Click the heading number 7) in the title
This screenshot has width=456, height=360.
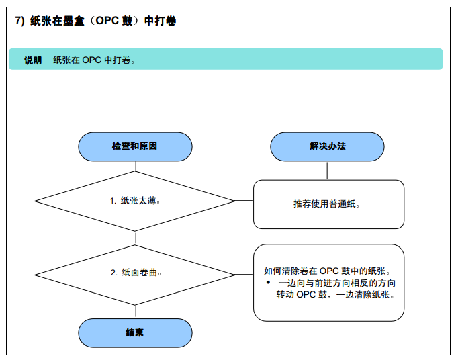click(x=19, y=21)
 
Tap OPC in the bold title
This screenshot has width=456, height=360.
click(x=107, y=21)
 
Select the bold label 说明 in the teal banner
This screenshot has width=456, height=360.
click(x=33, y=60)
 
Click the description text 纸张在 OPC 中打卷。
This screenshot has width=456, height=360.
click(x=93, y=60)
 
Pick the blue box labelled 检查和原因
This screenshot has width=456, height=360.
click(x=135, y=146)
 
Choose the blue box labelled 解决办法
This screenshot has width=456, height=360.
click(x=327, y=146)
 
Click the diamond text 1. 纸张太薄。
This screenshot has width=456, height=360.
click(x=135, y=201)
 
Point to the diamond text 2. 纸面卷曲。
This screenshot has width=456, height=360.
click(x=136, y=273)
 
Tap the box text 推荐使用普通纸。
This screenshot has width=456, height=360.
click(x=326, y=204)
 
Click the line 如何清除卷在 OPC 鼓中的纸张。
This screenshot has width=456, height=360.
click(x=327, y=271)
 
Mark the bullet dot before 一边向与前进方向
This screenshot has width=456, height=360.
click(x=268, y=282)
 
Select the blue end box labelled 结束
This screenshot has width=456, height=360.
click(x=135, y=332)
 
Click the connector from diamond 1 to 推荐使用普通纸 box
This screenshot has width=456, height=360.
click(x=244, y=200)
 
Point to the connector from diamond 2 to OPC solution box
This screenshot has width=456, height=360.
click(x=244, y=274)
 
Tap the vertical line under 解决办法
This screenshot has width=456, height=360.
click(x=327, y=171)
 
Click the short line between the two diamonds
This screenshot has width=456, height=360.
click(x=136, y=238)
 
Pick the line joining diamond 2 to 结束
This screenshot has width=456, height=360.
click(x=136, y=312)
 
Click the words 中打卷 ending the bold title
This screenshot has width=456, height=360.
click(x=161, y=21)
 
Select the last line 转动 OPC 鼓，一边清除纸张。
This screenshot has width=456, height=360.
click(x=335, y=294)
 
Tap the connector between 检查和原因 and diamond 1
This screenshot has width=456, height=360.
click(x=136, y=166)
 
